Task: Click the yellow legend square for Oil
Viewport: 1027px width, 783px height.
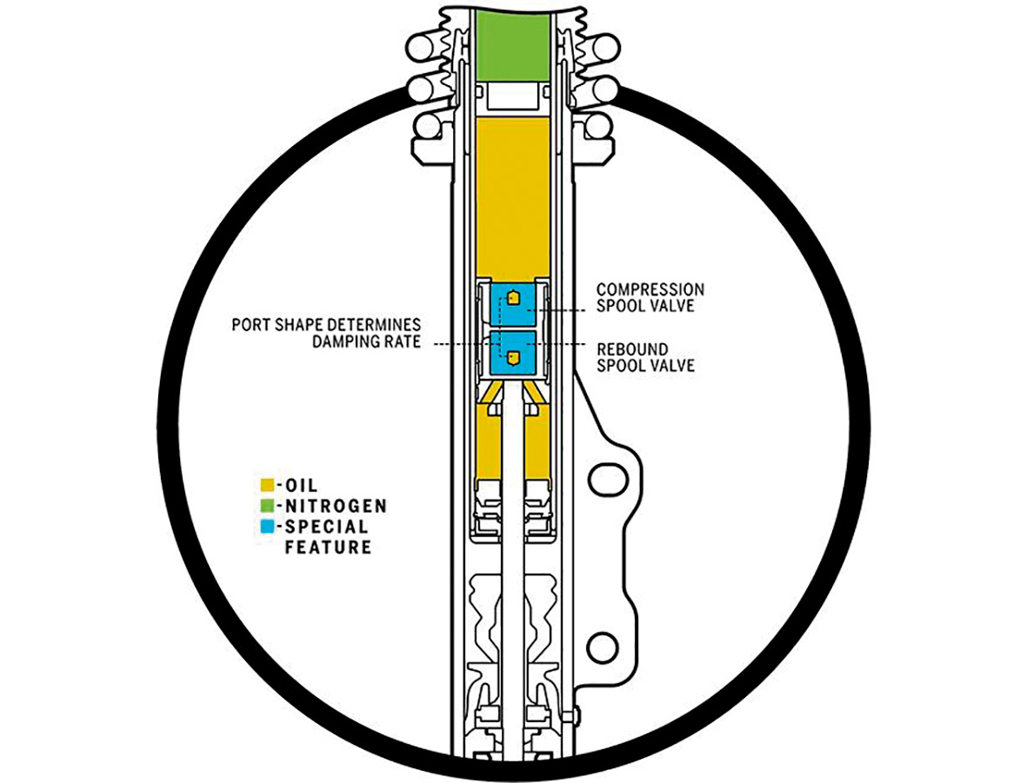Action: click(x=267, y=485)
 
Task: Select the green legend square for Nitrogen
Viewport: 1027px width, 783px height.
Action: click(x=267, y=506)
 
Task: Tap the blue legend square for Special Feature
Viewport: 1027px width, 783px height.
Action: click(x=267, y=526)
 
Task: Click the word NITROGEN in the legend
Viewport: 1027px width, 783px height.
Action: click(x=336, y=506)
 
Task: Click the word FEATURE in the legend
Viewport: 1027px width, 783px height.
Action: click(x=328, y=547)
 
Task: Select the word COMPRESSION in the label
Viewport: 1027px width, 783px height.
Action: click(x=650, y=289)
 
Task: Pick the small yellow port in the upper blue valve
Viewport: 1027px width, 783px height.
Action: click(x=514, y=299)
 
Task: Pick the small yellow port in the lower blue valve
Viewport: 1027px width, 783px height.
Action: click(x=514, y=357)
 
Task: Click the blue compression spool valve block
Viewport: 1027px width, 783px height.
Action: click(x=513, y=304)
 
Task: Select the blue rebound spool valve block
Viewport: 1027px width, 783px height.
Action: click(x=513, y=355)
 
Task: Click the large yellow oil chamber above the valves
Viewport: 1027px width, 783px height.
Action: click(x=513, y=196)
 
